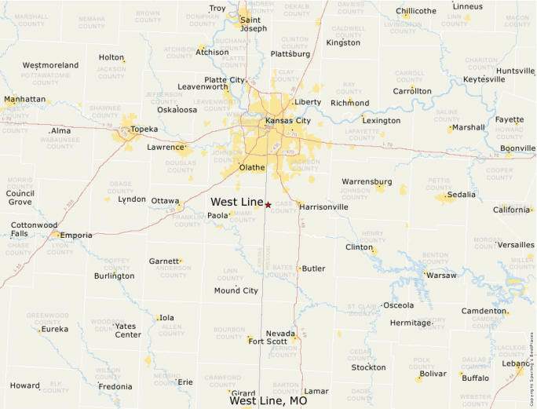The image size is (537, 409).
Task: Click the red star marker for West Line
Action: click(268, 205)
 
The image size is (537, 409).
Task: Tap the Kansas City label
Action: click(288, 121)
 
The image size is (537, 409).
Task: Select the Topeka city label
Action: click(144, 129)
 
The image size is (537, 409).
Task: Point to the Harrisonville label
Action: click(323, 207)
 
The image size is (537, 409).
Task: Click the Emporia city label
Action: click(76, 235)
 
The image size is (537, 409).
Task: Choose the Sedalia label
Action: click(460, 195)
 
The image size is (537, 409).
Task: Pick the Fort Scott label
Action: click(267, 341)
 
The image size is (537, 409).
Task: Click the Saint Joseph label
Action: click(253, 24)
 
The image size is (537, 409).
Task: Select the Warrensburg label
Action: click(367, 181)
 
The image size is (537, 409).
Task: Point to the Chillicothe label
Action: click(416, 11)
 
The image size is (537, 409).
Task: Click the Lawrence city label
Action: click(166, 147)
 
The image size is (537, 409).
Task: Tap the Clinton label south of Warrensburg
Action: click(359, 247)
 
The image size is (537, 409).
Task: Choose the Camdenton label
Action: click(483, 311)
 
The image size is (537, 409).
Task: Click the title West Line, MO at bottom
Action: click(268, 400)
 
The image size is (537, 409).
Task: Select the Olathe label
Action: click(252, 167)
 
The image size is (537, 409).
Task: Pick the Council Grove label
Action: click(20, 197)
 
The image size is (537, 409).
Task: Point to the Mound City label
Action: click(236, 290)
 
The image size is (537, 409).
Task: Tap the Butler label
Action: click(313, 268)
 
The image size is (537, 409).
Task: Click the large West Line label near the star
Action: click(236, 202)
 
